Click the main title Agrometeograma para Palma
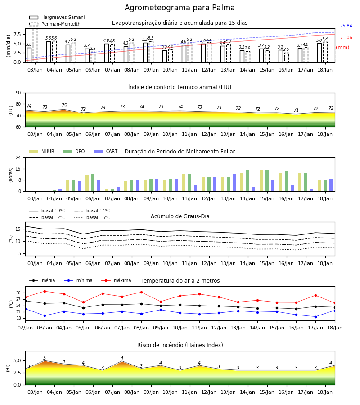[x=180, y=8]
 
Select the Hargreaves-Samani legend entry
[x=57, y=17]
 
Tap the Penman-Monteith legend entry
[x=55, y=24]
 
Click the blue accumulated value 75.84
[x=346, y=26]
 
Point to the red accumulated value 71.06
[x=346, y=38]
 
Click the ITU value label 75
[x=64, y=105]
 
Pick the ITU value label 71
[x=296, y=110]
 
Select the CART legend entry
[x=106, y=151]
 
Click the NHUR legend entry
[x=42, y=151]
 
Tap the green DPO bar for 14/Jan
[x=247, y=181]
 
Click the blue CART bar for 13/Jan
[x=234, y=183]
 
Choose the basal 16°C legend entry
[x=92, y=217]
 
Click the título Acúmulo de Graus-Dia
[x=180, y=216]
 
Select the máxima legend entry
[x=116, y=280]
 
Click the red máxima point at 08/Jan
[x=141, y=292]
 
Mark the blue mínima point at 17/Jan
[x=315, y=317]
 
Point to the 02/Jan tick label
[x=25, y=328]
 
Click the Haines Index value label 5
[x=45, y=358]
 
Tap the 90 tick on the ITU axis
[x=18, y=93]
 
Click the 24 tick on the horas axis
[x=18, y=157]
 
